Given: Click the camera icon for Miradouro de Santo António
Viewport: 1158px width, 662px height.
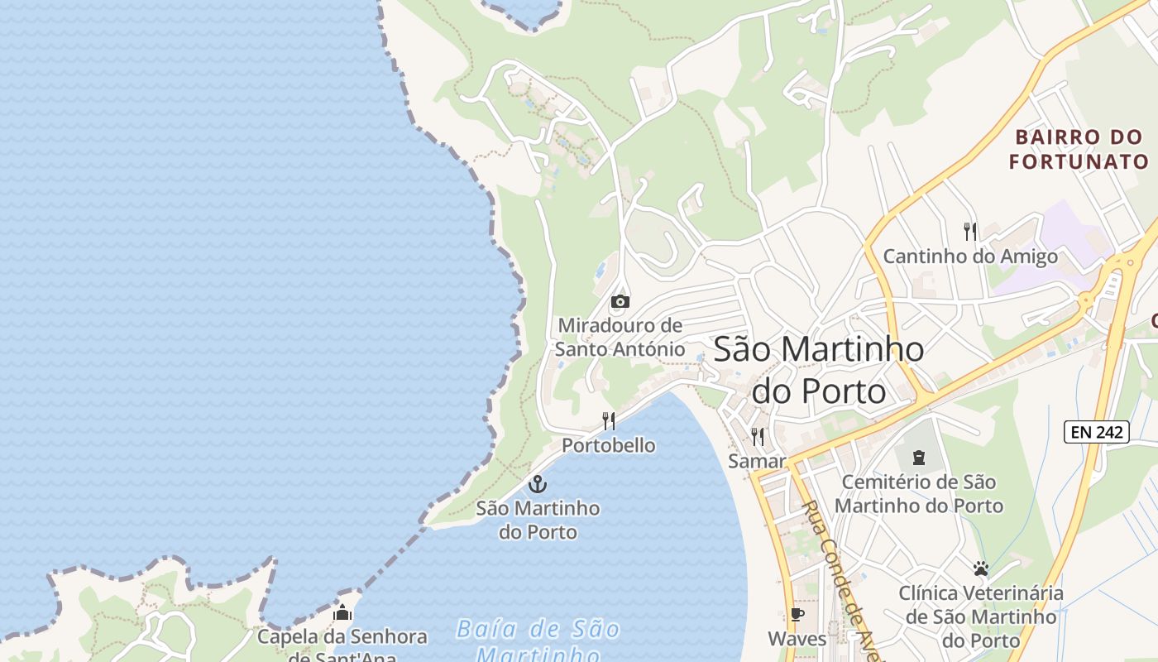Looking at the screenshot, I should coord(620,301).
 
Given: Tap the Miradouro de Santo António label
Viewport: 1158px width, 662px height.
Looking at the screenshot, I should coord(620,337).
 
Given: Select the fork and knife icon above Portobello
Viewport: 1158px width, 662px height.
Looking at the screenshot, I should coord(609,421).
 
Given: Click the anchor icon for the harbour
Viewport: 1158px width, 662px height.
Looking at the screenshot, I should coord(538,483).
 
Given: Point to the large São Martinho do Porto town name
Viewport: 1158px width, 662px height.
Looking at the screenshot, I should coord(818,369).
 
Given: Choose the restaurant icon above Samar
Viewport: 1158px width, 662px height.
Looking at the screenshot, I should coord(757,436).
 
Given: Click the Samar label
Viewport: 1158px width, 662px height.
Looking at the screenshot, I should coord(757,461).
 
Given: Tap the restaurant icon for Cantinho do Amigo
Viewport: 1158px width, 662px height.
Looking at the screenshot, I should coord(970,232).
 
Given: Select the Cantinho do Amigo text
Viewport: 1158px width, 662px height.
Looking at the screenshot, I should coord(970,257).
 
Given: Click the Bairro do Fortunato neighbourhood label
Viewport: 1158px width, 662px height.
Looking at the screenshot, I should coord(1079,149).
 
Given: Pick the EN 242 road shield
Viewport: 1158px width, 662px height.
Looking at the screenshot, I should coord(1096,431).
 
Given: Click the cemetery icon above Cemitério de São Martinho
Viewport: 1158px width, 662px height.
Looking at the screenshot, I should coord(918,457).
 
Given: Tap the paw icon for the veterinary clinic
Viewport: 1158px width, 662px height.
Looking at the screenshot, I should coord(981,568).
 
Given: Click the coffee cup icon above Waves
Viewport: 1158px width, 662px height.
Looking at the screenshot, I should coord(797,614).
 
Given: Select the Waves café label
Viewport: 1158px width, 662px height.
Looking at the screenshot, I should coord(797,639).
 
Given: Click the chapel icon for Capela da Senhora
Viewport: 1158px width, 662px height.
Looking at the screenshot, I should coord(342,612).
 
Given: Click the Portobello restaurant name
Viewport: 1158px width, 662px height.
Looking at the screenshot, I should coord(609,445).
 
